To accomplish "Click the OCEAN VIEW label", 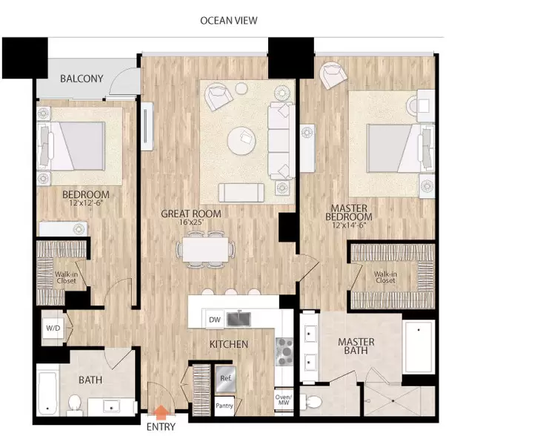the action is [x=229, y=21].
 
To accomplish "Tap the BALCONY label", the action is [x=81, y=79].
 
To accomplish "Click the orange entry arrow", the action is [x=161, y=412].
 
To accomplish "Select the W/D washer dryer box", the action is [x=53, y=328].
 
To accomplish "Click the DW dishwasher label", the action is [x=215, y=320].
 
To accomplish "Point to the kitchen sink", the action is [x=239, y=320].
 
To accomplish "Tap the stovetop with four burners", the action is [x=284, y=351].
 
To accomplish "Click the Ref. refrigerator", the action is [x=226, y=379].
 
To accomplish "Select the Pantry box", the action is [x=224, y=406].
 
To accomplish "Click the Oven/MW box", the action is [x=284, y=400].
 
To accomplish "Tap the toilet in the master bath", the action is [x=311, y=402].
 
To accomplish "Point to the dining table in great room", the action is [x=205, y=249].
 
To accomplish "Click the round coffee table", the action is [x=242, y=141].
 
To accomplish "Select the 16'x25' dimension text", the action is [x=191, y=222].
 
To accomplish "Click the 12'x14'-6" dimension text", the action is [x=349, y=225].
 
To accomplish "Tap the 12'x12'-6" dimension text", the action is [x=87, y=203].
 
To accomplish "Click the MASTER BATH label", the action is [x=356, y=346].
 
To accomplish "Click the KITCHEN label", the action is [x=229, y=344].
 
